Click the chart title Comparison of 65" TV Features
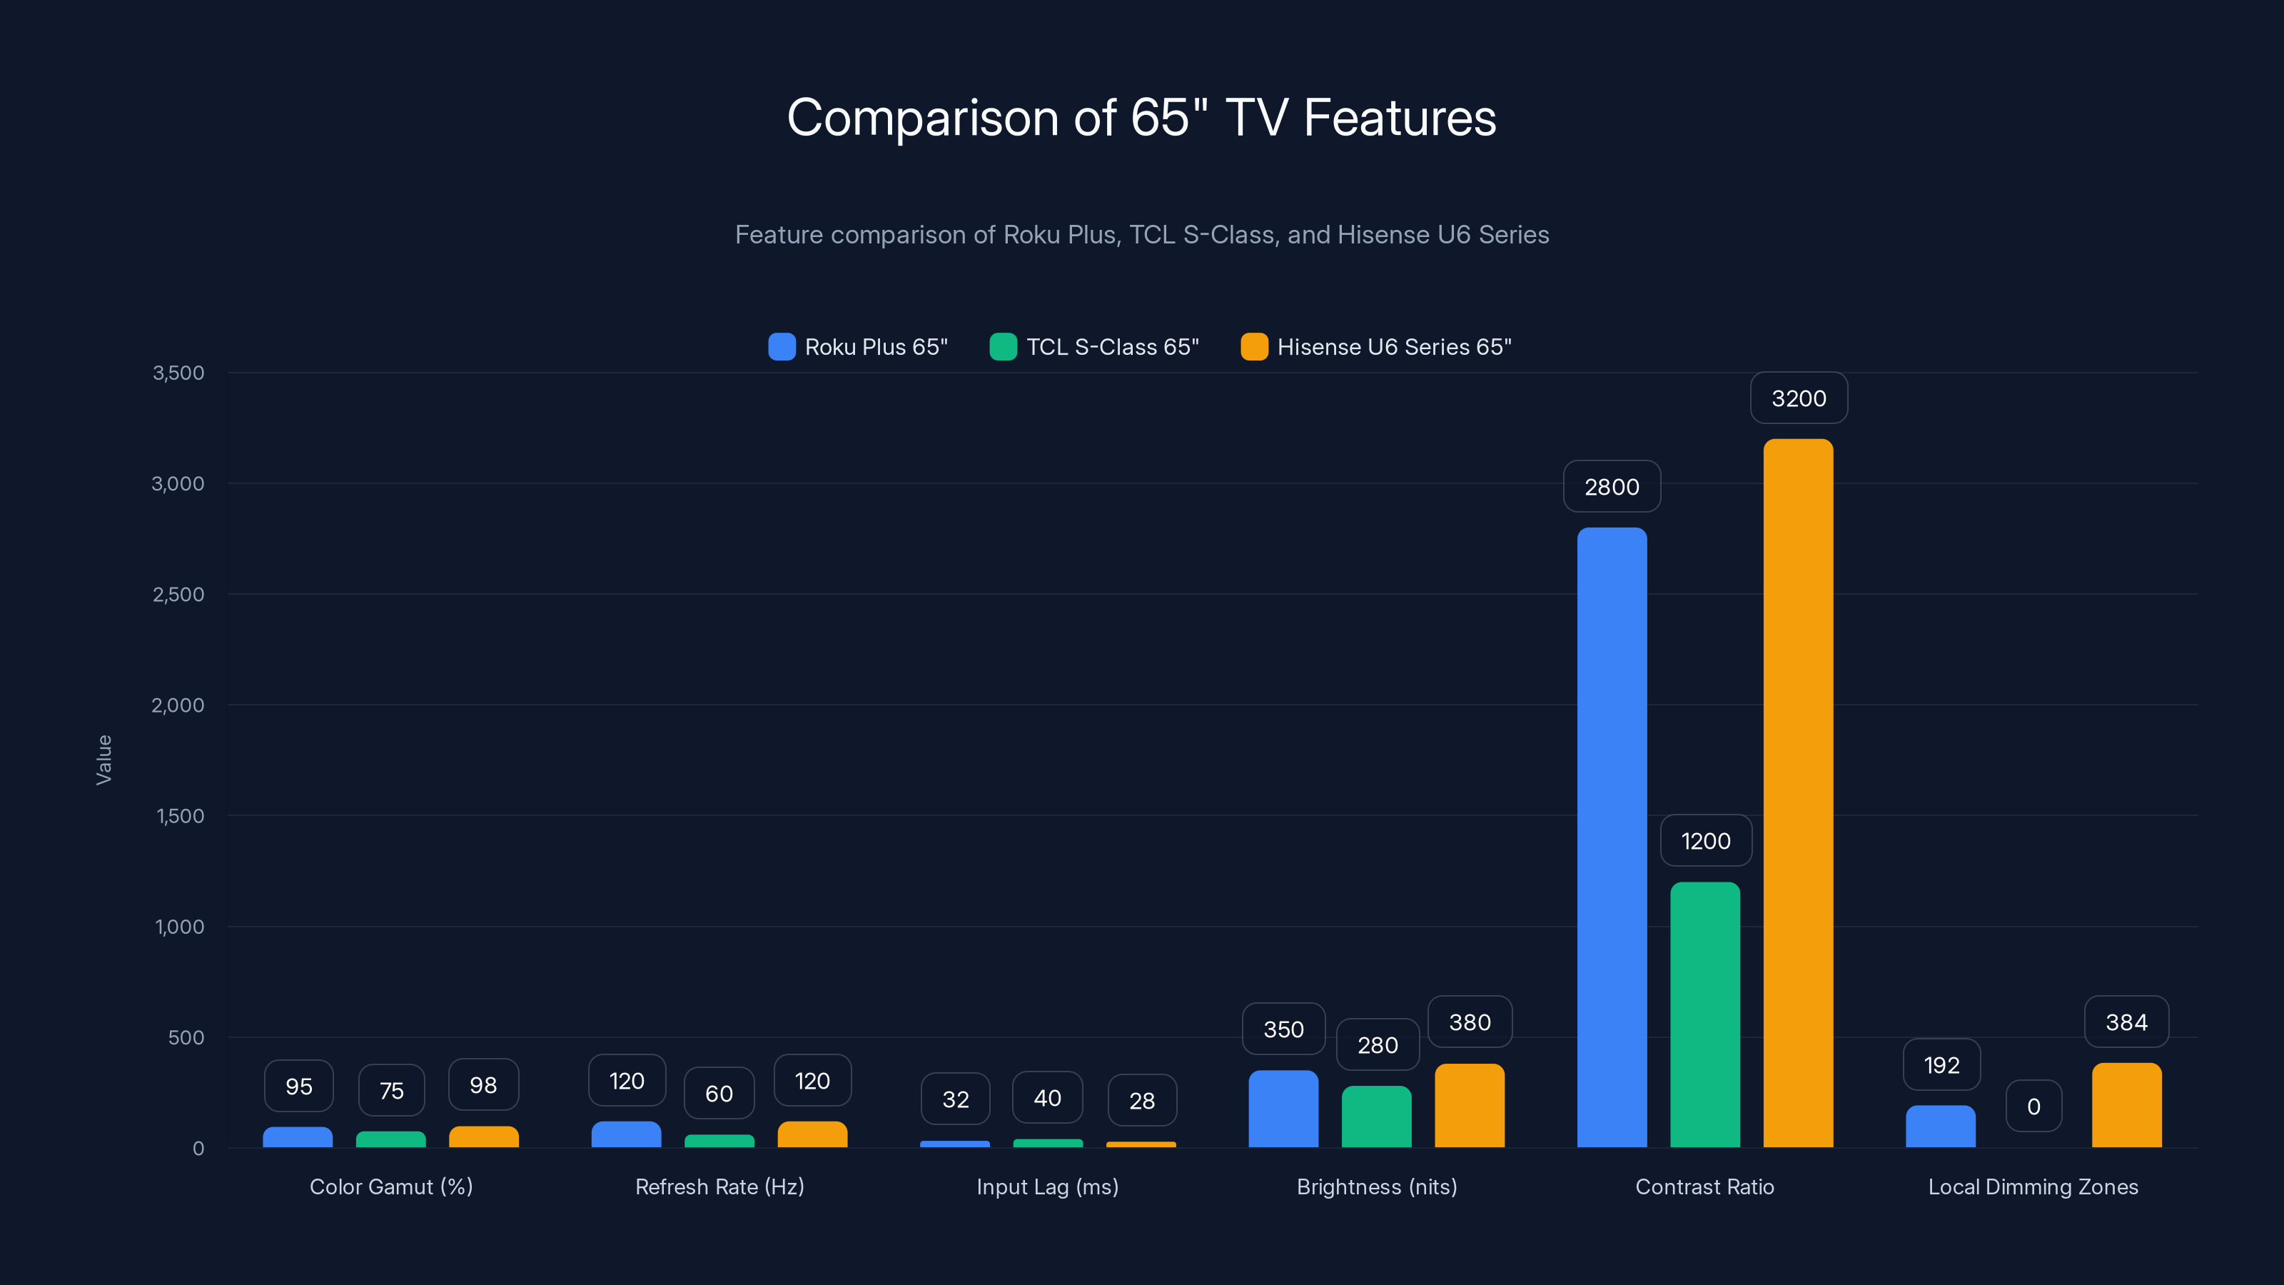click(x=1141, y=118)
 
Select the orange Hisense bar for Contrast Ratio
click(x=1797, y=794)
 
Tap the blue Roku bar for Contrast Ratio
click(x=1611, y=838)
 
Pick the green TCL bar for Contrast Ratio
click(x=1704, y=1015)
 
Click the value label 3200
click(x=1798, y=398)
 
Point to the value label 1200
click(x=1705, y=841)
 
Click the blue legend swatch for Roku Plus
click(x=781, y=347)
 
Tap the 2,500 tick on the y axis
click(x=178, y=594)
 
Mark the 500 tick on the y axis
click(x=186, y=1037)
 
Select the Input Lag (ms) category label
click(x=1047, y=1186)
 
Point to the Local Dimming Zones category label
click(x=2032, y=1186)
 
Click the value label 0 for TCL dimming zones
click(x=2033, y=1106)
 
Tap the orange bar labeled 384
click(x=2126, y=1106)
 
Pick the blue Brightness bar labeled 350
click(x=1283, y=1109)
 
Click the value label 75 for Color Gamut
click(x=391, y=1090)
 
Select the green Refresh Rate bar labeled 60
click(x=719, y=1141)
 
